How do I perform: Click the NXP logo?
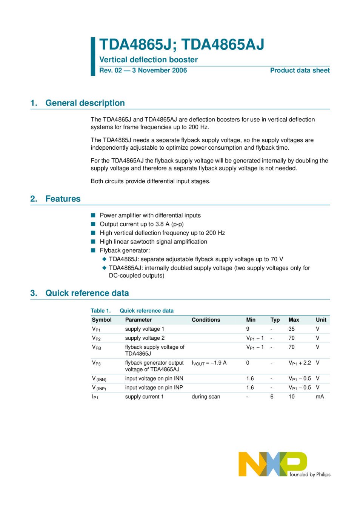coord(272,463)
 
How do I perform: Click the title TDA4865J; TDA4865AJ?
coord(182,44)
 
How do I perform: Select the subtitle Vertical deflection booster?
coord(148,60)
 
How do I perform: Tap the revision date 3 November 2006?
coord(159,70)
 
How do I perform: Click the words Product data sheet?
coord(300,70)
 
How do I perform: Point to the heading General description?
coord(85,103)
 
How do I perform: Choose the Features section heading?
coord(63,199)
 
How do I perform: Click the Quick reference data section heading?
coord(87,293)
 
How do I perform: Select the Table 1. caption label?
coord(101,311)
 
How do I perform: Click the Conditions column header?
coord(206,320)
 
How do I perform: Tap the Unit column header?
coord(321,320)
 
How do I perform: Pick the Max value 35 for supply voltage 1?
coord(291,329)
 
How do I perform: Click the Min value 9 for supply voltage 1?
coord(248,329)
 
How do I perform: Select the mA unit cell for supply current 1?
coord(320,397)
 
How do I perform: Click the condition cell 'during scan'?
coord(206,397)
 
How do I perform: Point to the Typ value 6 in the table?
coord(272,397)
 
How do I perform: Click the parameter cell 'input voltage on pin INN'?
coord(154,379)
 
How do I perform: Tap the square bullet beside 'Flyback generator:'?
coord(93,250)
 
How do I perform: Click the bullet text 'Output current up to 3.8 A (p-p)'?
coord(142,224)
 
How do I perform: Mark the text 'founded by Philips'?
coord(310,475)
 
